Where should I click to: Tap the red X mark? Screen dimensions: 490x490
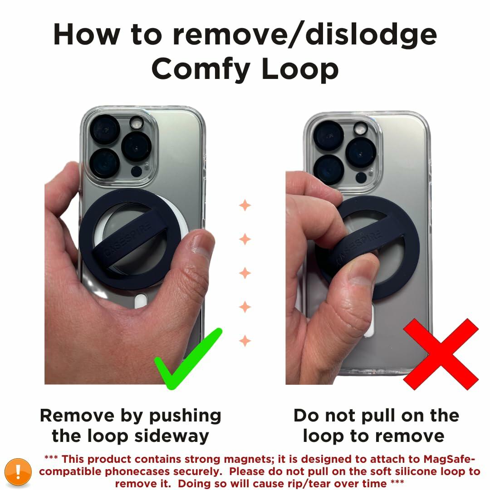pos(441,354)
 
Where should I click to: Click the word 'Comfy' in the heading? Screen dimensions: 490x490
pos(201,69)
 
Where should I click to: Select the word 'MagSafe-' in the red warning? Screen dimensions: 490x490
pos(449,459)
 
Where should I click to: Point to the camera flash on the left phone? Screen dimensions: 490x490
pos(136,123)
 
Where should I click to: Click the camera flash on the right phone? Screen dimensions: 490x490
pos(361,128)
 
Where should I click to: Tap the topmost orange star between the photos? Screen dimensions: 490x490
pos(245,205)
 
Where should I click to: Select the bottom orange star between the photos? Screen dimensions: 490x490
pos(245,340)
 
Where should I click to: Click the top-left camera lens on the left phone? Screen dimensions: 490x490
pos(104,129)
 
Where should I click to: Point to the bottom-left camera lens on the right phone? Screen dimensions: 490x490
pos(328,169)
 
